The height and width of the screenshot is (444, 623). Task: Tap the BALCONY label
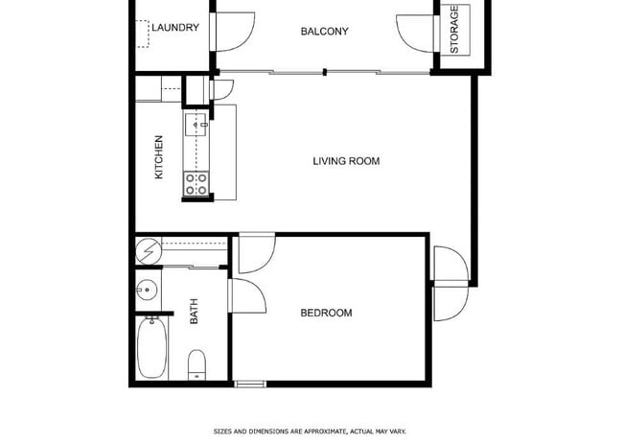324,32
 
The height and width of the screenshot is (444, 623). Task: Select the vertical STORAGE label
454,30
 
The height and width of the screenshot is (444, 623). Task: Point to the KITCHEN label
159,156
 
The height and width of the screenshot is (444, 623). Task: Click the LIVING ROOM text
346,161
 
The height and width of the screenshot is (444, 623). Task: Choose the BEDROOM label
326,313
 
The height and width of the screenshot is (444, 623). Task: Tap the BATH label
194,312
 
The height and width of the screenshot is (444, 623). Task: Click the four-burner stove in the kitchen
196,183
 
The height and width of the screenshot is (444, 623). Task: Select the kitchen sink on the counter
195,125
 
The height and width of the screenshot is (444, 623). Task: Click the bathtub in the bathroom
151,349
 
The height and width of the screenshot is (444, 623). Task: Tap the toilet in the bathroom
196,363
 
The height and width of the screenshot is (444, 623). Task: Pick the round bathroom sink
148,290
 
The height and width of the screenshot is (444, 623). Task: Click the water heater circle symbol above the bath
148,250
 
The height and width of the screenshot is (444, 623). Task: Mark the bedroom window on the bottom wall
249,385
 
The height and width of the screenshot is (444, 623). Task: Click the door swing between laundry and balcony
233,33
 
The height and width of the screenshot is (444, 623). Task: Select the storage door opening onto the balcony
414,31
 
